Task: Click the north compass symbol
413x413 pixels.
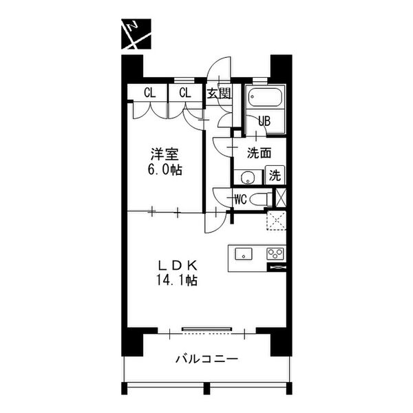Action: click(136, 34)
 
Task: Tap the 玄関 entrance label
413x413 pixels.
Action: click(219, 93)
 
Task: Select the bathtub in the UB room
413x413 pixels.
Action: click(266, 97)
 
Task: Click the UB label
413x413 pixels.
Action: click(264, 121)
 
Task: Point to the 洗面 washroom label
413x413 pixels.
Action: click(260, 153)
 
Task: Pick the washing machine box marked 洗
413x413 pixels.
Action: click(275, 175)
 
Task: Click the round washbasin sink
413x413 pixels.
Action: click(247, 178)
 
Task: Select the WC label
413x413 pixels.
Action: click(240, 200)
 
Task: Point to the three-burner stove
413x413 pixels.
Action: click(275, 254)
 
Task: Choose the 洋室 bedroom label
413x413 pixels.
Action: click(165, 154)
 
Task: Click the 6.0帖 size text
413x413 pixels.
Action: click(165, 169)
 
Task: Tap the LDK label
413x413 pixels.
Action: click(178, 266)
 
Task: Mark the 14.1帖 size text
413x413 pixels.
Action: click(177, 280)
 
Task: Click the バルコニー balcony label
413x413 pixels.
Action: click(206, 359)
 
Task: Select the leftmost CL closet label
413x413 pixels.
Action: click(149, 93)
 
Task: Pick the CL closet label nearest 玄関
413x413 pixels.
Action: click(185, 93)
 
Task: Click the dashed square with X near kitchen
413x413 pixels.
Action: click(276, 220)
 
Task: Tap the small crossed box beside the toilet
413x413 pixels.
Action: click(281, 198)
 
